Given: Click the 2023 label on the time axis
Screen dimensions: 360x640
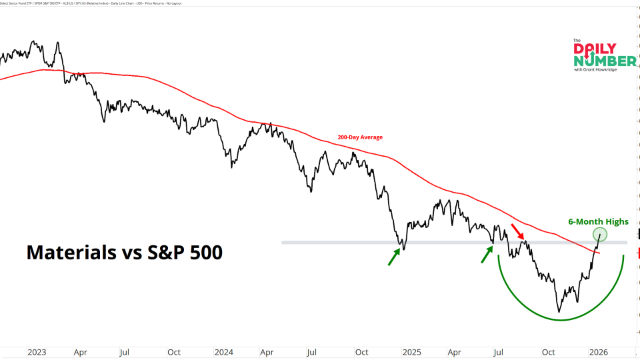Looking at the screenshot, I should click(x=37, y=351).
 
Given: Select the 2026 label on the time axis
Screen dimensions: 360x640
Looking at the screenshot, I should click(x=597, y=351).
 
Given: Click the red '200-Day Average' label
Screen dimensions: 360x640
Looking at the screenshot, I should click(x=360, y=137).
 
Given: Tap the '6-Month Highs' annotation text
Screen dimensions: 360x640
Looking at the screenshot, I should click(x=598, y=222).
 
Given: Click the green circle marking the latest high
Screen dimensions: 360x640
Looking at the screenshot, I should click(x=600, y=234).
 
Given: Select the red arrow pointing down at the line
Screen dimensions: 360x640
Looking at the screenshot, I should click(x=517, y=232).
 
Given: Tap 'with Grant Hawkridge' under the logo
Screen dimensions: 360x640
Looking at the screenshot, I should click(x=595, y=70).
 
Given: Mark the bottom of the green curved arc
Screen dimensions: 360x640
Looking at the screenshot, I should click(x=560, y=319).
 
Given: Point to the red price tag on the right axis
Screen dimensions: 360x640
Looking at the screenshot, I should click(x=638, y=253).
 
